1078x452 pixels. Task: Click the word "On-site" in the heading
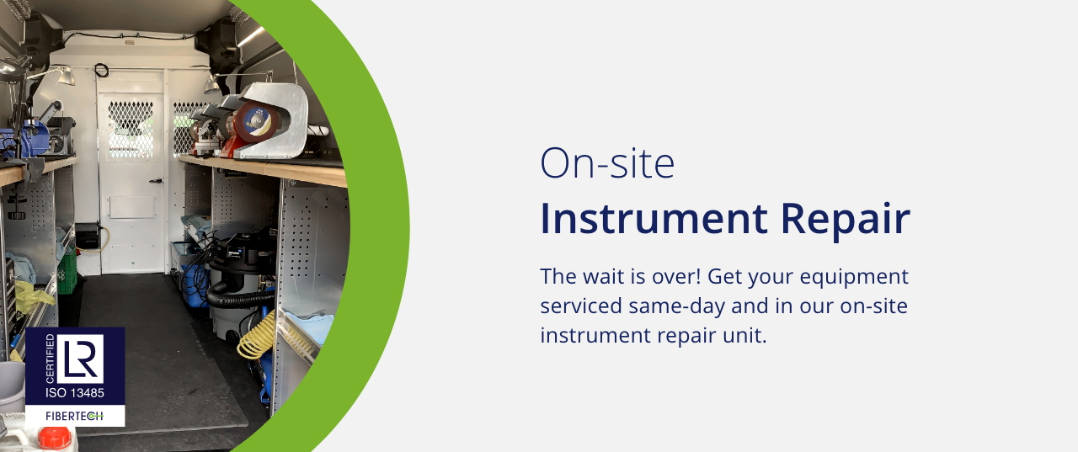point(607,163)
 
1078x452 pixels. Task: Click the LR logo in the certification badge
point(80,359)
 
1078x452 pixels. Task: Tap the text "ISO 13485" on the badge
point(75,393)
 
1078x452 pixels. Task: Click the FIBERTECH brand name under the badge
point(75,416)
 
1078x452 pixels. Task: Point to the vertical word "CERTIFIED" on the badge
point(50,359)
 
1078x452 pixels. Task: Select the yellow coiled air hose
point(258,336)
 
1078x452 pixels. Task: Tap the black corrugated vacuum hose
point(237,295)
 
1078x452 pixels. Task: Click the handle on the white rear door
point(157,181)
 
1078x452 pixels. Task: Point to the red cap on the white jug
point(54,438)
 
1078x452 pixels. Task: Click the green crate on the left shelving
point(67,271)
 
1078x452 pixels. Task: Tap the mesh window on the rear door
point(131,130)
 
